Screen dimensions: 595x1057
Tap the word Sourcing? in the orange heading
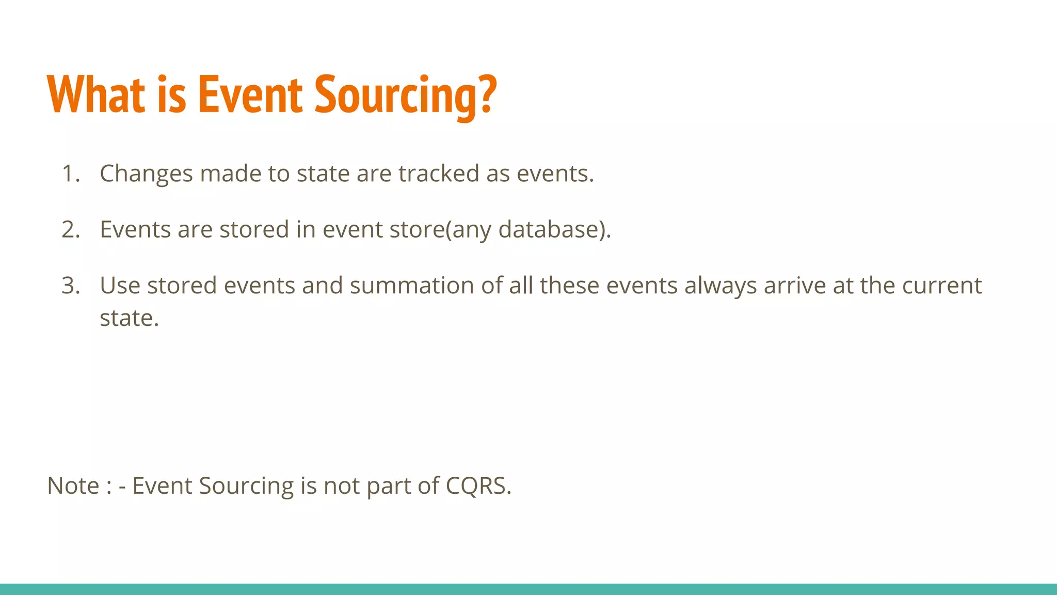click(405, 96)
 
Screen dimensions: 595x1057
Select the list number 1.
click(70, 174)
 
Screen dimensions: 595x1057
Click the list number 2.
click(70, 229)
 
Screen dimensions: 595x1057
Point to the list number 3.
click(70, 286)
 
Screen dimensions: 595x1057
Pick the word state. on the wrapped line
click(129, 318)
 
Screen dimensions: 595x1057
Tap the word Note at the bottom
click(73, 486)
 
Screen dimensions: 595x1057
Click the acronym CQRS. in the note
click(478, 486)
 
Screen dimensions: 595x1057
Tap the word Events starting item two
click(135, 229)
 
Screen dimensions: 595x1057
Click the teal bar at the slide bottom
click(528, 589)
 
